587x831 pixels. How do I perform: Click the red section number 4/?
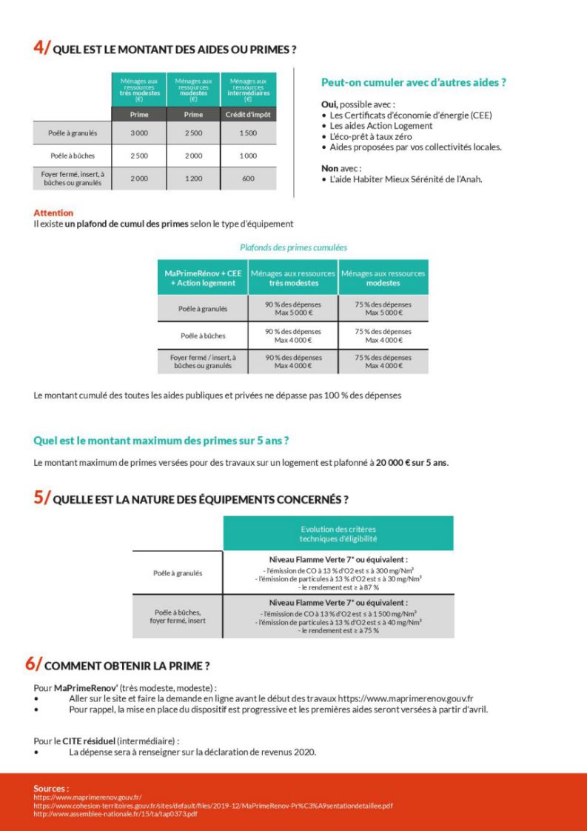pyautogui.click(x=42, y=47)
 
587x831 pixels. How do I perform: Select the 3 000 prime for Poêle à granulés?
pyautogui.click(x=138, y=133)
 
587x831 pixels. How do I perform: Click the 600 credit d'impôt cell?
pyautogui.click(x=248, y=178)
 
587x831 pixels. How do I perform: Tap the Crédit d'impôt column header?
pyautogui.click(x=248, y=115)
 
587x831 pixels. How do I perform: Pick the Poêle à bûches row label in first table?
pyautogui.click(x=72, y=156)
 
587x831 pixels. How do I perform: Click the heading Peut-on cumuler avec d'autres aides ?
pyautogui.click(x=413, y=83)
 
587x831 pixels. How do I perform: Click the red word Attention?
pyautogui.click(x=53, y=213)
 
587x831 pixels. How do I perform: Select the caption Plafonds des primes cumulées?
pyautogui.click(x=293, y=247)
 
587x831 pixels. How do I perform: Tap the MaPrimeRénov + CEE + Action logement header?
pyautogui.click(x=203, y=278)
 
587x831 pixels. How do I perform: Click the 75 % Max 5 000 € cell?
pyautogui.click(x=383, y=309)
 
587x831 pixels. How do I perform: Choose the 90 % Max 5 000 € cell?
pyautogui.click(x=293, y=309)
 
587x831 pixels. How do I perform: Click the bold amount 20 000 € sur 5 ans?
pyautogui.click(x=412, y=463)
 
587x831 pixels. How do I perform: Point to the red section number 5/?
pyautogui.click(x=42, y=498)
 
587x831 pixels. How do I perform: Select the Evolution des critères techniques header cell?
pyautogui.click(x=338, y=534)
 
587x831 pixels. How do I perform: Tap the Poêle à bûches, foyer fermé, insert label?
pyautogui.click(x=178, y=617)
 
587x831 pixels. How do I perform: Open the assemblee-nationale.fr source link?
pyautogui.click(x=115, y=814)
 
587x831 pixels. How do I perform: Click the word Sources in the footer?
pyautogui.click(x=51, y=789)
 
